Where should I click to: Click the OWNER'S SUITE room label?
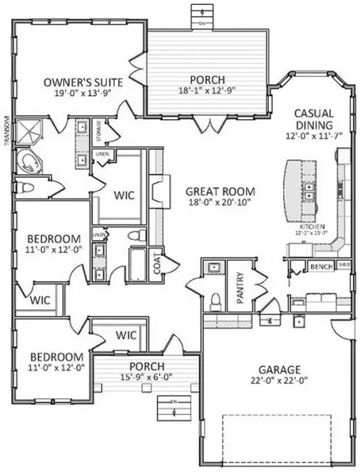pyautogui.click(x=83, y=82)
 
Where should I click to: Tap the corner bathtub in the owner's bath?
pyautogui.click(x=28, y=160)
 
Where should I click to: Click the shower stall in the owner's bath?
pyautogui.click(x=28, y=131)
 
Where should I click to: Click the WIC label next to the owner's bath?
pyautogui.click(x=124, y=193)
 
